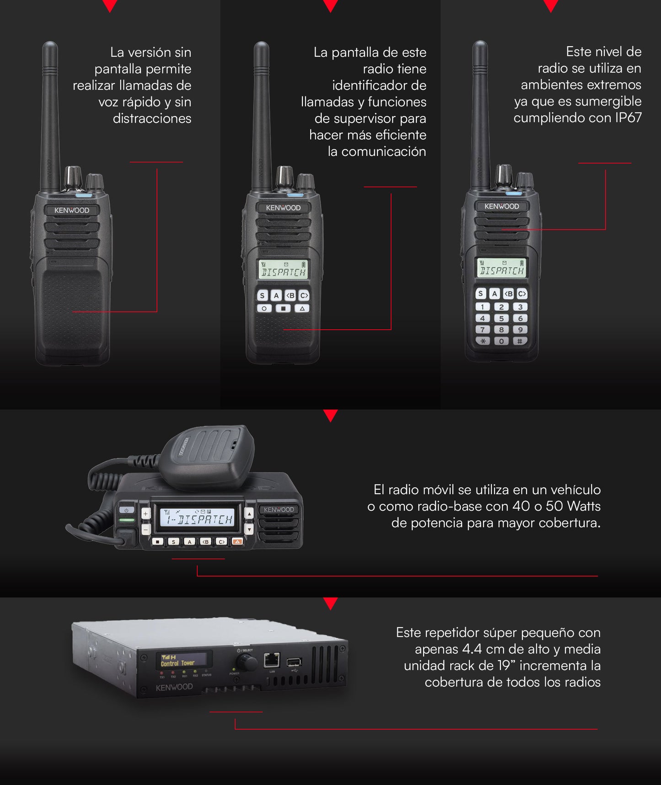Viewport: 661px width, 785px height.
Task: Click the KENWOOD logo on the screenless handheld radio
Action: tap(72, 210)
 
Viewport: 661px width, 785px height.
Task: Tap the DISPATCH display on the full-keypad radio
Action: tap(501, 268)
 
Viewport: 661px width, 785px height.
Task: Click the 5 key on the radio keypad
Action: tap(501, 318)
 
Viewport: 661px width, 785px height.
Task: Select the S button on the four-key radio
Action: tap(262, 296)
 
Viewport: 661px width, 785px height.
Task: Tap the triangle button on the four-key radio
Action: tap(302, 309)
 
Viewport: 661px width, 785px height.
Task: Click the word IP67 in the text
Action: tap(628, 117)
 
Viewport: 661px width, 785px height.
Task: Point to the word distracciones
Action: tap(152, 118)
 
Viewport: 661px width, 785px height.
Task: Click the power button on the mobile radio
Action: tap(127, 510)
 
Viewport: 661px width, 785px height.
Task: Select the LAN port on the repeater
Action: tap(272, 660)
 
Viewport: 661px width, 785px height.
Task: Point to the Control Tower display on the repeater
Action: tap(183, 660)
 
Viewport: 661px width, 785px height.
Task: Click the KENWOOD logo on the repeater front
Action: tap(174, 687)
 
